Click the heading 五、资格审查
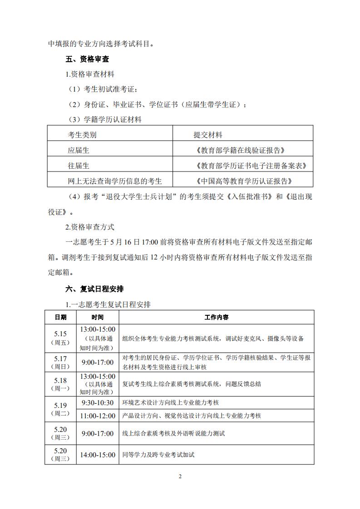87,59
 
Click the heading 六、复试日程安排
94,289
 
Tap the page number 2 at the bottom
180,476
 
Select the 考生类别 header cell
82,135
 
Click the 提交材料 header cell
208,135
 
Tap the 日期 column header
60,317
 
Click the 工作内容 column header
217,317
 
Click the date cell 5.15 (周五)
60,338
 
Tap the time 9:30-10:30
98,403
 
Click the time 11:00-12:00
98,416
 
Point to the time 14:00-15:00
98,455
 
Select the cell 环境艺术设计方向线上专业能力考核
173,403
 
